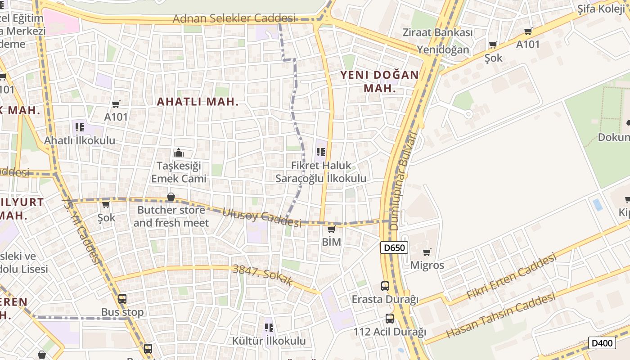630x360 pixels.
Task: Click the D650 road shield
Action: pos(394,247)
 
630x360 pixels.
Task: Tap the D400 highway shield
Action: pos(602,343)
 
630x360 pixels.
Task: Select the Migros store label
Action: pos(427,265)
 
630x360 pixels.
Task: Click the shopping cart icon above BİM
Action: pos(331,229)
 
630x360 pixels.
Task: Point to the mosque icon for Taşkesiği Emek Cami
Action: pos(179,153)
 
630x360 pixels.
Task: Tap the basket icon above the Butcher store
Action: pos(171,197)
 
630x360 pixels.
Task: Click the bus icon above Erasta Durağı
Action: pos(385,286)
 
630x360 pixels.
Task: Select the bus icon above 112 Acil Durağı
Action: pos(389,319)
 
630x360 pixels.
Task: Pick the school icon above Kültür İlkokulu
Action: pos(269,327)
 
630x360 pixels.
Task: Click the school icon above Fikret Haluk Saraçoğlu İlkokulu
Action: pos(320,152)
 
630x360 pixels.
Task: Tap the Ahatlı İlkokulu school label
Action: pos(80,140)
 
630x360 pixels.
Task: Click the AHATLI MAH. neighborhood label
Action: pos(198,102)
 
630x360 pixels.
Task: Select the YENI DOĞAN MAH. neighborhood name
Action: pos(379,81)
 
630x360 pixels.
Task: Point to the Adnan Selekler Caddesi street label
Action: pos(234,18)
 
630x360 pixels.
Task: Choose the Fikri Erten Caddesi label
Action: pos(511,276)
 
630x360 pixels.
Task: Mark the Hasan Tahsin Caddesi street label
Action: pos(500,316)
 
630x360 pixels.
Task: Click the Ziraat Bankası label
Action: pos(437,32)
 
